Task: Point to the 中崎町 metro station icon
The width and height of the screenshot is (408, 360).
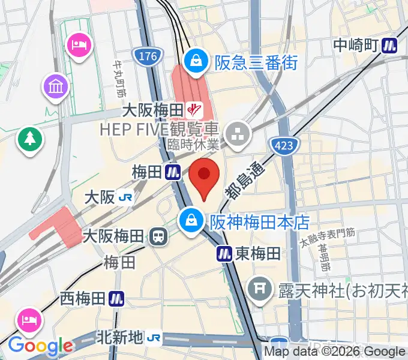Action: [391, 44]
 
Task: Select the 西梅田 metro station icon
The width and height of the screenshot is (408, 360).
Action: [116, 298]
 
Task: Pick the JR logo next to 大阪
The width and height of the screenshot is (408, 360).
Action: [125, 197]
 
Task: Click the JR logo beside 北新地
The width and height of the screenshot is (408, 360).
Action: [155, 338]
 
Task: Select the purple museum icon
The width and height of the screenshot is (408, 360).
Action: [56, 88]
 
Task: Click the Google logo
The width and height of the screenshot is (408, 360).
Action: [40, 346]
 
